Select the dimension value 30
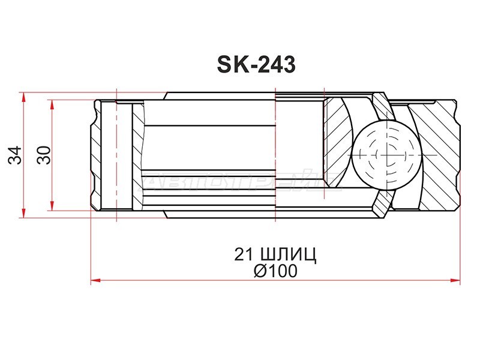coord(43,155)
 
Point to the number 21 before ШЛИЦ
coord(245,254)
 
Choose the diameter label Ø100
coord(275,271)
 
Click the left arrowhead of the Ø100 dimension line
coord(95,280)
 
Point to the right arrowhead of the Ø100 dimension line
coord(457,280)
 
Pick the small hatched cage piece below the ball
coord(380,205)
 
